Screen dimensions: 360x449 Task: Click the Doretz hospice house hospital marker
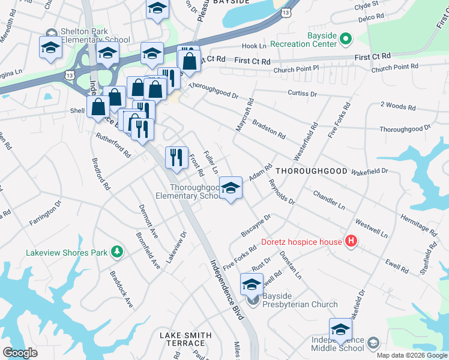click(x=351, y=242)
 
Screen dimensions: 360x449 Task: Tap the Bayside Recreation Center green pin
click(x=345, y=40)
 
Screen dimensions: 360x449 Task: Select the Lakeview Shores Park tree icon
click(x=118, y=252)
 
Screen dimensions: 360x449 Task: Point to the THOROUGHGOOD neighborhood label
click(x=311, y=171)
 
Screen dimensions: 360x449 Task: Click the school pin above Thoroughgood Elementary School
click(x=231, y=189)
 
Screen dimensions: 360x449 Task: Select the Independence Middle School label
click(x=337, y=344)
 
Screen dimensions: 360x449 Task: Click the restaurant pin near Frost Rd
click(x=176, y=158)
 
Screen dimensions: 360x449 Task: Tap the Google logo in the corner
click(x=20, y=352)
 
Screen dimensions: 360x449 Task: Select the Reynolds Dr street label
click(x=282, y=191)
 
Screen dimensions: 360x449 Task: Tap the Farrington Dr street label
click(x=46, y=214)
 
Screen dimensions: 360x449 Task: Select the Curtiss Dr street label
click(x=301, y=94)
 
